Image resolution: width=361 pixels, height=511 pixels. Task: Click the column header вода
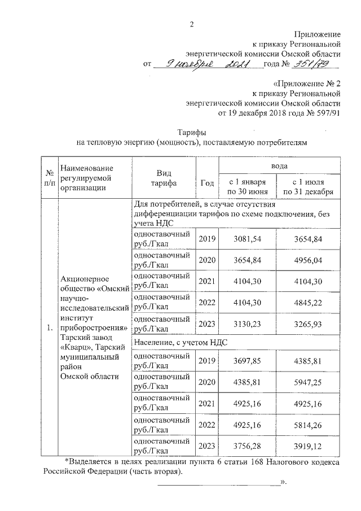(x=279, y=166)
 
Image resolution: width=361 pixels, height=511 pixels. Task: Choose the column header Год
(x=207, y=183)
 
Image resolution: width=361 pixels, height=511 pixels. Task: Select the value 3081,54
(x=248, y=239)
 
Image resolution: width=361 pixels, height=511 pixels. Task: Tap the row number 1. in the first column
(x=50, y=327)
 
